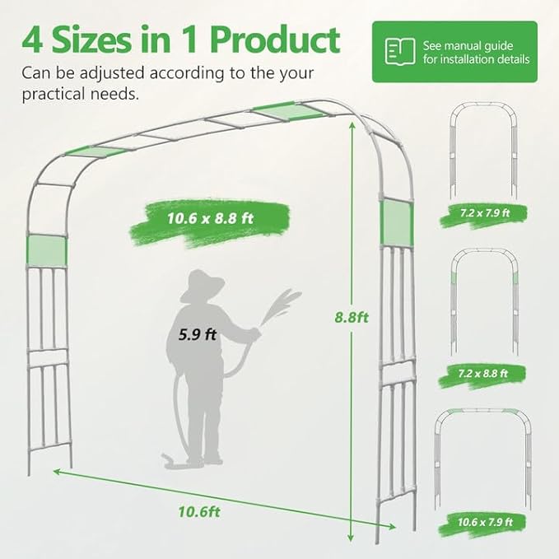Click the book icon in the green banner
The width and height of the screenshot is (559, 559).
pos(395,51)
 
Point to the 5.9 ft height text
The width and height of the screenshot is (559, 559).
pos(198,334)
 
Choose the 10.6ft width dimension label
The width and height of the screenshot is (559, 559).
pos(199,510)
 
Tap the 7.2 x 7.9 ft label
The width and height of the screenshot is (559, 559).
pos(485,212)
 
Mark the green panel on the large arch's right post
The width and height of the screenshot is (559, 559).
pos(396,222)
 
